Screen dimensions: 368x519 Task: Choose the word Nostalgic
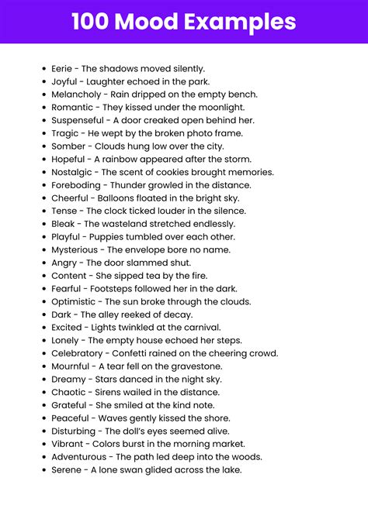tap(73, 172)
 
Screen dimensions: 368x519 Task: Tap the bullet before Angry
tap(43, 263)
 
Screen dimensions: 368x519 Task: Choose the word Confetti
tap(139, 354)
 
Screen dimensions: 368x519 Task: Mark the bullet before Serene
tap(43, 470)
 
